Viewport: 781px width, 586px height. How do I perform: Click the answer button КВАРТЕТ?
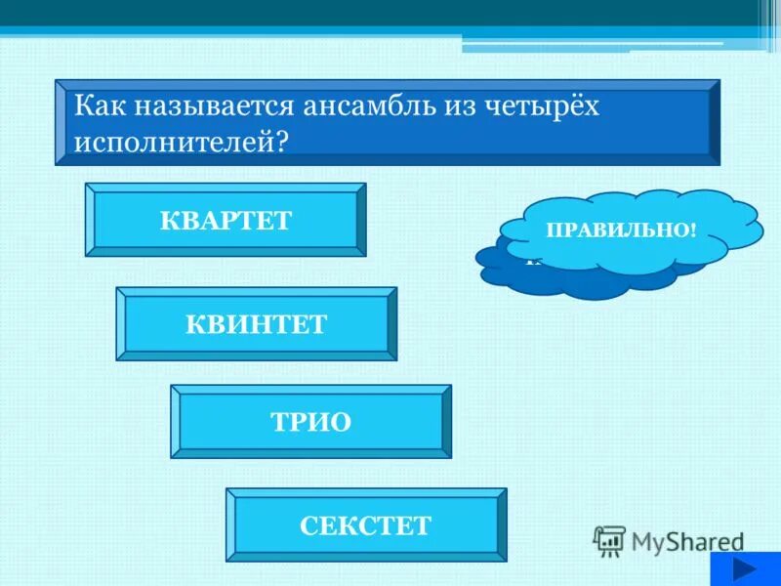coord(226,220)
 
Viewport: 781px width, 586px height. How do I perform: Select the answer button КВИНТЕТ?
coord(256,323)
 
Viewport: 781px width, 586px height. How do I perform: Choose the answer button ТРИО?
coord(310,421)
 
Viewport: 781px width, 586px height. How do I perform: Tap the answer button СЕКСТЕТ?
coord(365,525)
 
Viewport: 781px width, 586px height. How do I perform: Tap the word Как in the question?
coord(103,106)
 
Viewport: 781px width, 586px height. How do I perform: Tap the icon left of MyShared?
coord(608,539)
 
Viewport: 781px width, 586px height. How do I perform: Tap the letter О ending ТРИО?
coord(341,421)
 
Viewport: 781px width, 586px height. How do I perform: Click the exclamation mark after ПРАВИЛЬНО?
coord(692,231)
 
